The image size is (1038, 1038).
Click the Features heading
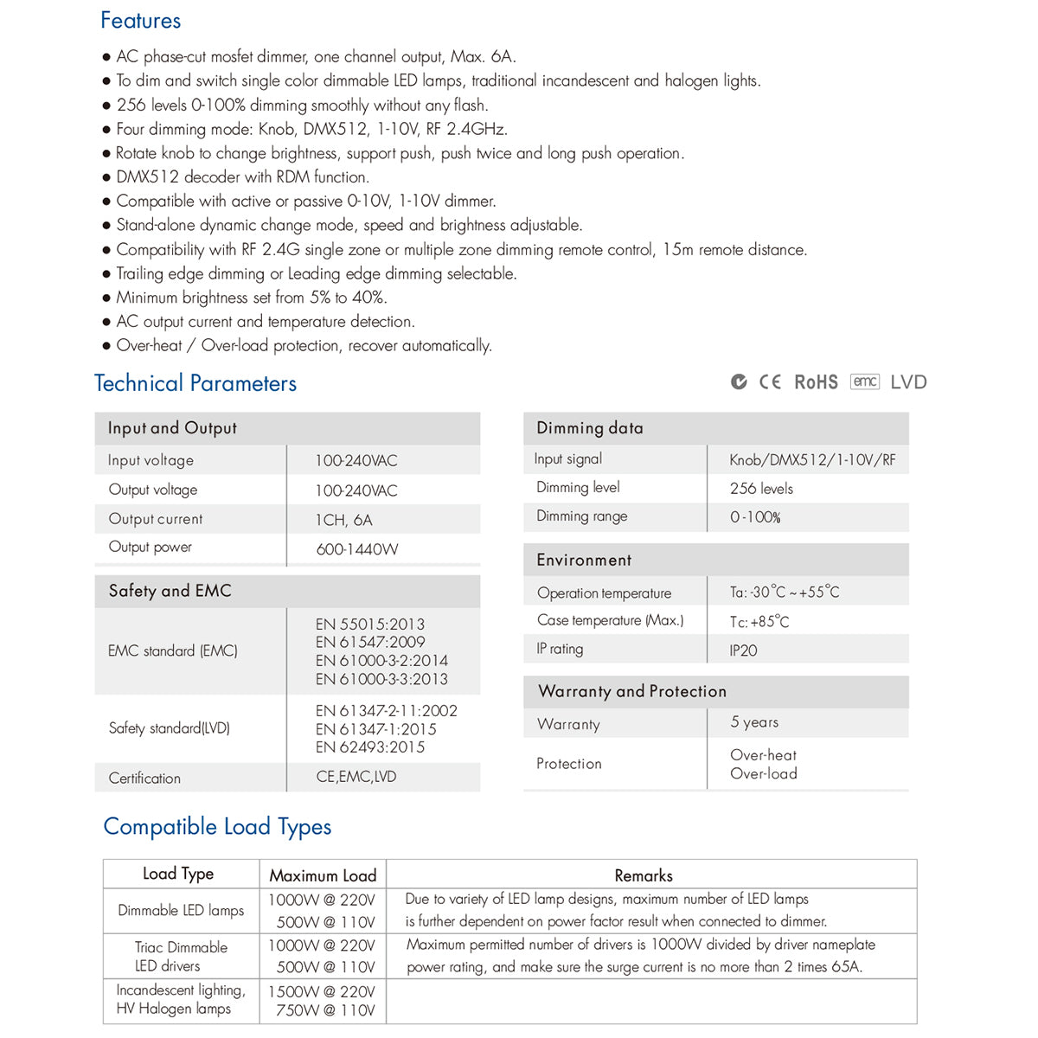click(x=140, y=21)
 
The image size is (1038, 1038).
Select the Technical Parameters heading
click(x=195, y=383)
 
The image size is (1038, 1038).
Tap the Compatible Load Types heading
click(x=217, y=827)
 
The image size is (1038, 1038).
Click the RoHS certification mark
click(x=816, y=382)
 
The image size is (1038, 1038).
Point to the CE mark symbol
click(x=770, y=382)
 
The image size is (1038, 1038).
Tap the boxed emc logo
click(x=865, y=381)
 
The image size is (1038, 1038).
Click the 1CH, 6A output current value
click(x=343, y=520)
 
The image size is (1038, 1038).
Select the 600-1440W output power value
click(x=357, y=549)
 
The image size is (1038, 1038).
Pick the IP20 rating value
click(x=743, y=650)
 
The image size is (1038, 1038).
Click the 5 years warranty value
click(x=754, y=722)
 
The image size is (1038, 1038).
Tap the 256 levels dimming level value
click(x=761, y=489)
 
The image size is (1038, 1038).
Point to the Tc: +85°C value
click(x=759, y=622)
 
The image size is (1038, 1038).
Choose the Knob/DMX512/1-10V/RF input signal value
click(x=812, y=460)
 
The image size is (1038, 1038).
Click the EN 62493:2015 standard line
click(x=370, y=747)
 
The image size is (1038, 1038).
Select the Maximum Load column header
click(x=323, y=875)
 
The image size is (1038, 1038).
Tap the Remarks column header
click(x=644, y=875)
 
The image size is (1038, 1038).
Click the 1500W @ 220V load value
click(x=322, y=991)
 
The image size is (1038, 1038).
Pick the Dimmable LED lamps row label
click(x=181, y=910)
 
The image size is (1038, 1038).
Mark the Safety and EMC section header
click(x=170, y=591)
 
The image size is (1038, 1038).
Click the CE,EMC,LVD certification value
click(x=356, y=777)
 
